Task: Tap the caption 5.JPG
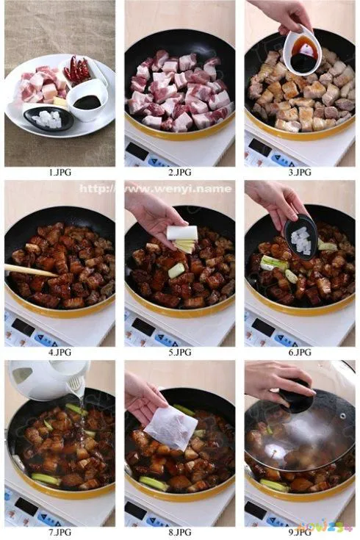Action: click(x=179, y=352)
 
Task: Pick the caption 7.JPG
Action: click(x=60, y=531)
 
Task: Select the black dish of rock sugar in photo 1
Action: click(x=49, y=118)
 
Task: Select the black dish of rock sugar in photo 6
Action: click(x=301, y=241)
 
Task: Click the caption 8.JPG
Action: click(x=179, y=531)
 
